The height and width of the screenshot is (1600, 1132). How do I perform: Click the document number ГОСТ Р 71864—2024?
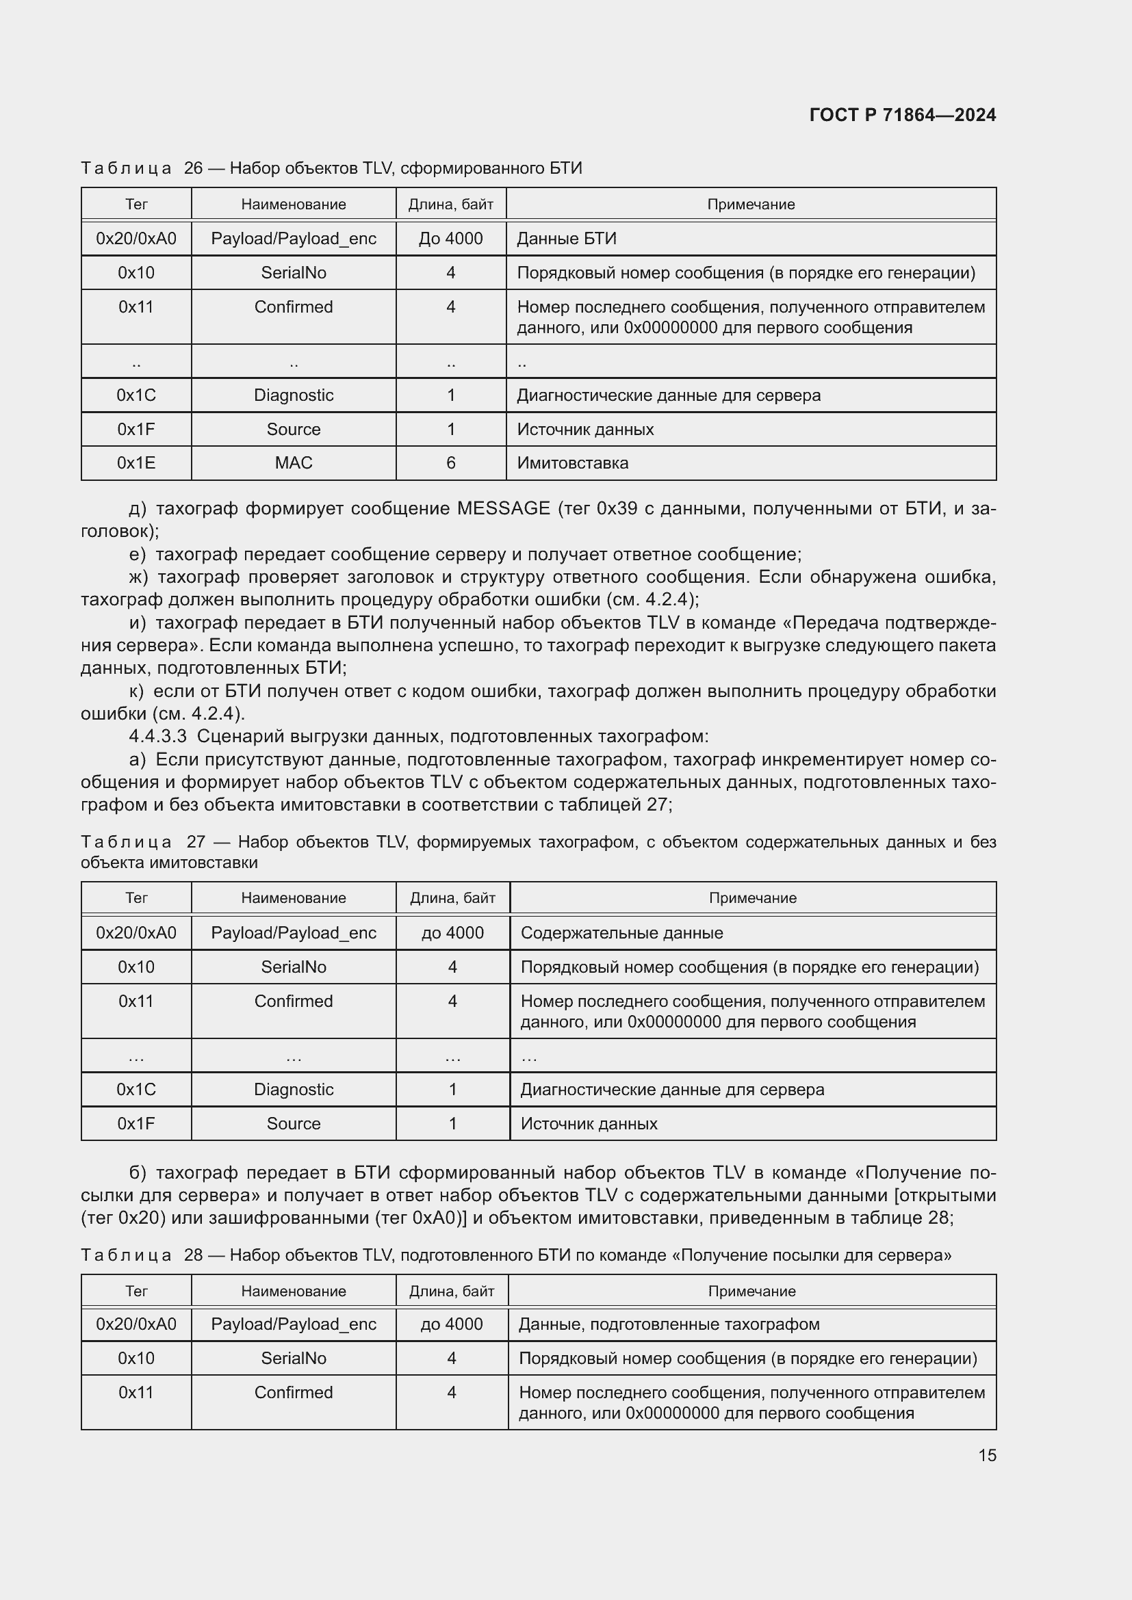tap(902, 115)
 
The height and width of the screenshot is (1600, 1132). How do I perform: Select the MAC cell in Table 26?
tap(294, 463)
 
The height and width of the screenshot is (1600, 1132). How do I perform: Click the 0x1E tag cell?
tap(136, 463)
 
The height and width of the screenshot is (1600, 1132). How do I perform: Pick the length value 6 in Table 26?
tap(451, 463)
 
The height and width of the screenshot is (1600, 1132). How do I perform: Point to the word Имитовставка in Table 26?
tap(572, 463)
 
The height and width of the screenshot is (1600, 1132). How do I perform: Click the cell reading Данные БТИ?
tap(567, 239)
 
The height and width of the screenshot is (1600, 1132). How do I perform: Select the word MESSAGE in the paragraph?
tap(503, 509)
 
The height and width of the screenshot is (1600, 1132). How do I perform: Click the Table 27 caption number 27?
tap(196, 842)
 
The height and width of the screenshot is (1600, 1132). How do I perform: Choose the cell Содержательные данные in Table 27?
tap(621, 933)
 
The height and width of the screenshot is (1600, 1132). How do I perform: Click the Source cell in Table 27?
tap(294, 1123)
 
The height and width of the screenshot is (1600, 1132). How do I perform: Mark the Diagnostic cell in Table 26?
tap(294, 395)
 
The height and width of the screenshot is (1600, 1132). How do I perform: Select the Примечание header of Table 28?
tap(751, 1291)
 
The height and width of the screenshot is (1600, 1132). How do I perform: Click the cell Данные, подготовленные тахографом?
tap(669, 1324)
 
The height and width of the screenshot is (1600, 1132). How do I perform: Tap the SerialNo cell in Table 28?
tap(294, 1359)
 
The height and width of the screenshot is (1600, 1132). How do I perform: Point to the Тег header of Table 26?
tap(136, 204)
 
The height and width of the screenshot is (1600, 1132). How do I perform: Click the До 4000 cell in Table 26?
tap(451, 239)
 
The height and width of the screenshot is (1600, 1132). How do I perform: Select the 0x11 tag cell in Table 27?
tap(136, 1001)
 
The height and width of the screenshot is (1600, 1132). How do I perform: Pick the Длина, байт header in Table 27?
tap(452, 898)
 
